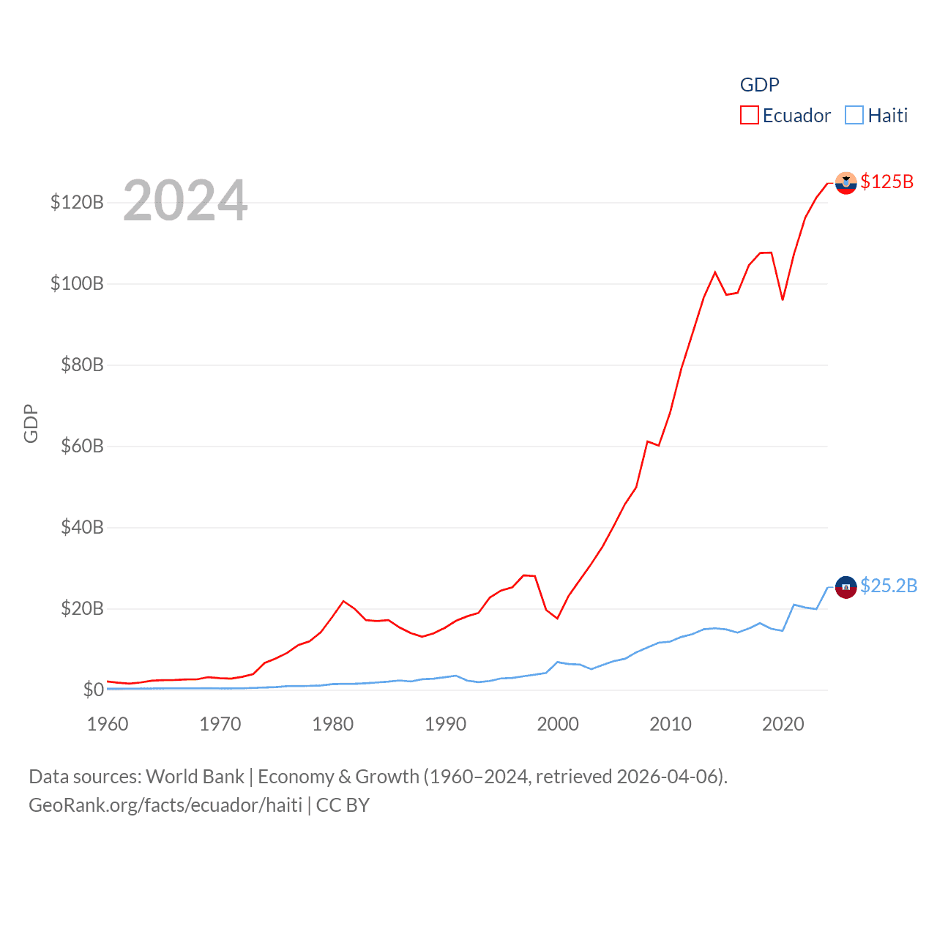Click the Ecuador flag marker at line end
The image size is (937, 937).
point(845,183)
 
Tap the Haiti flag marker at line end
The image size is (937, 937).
point(845,587)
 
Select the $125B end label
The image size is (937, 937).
point(886,182)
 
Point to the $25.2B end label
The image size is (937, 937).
point(889,586)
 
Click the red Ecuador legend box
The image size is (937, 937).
point(749,116)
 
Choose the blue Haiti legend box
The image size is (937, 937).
point(854,116)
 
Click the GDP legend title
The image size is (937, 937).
point(759,85)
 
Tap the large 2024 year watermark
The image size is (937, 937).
point(185,201)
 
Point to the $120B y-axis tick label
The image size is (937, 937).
point(77,202)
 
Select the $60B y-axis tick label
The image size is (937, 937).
point(82,446)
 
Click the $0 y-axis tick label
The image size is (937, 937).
point(93,690)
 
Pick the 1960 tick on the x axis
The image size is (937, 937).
point(108,724)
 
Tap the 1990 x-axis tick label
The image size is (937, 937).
point(445,724)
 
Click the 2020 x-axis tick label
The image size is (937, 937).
point(783,724)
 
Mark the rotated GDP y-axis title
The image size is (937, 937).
point(31,423)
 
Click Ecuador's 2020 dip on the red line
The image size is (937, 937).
point(783,299)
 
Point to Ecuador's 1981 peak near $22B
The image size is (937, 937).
point(343,601)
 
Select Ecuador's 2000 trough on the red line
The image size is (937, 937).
point(558,619)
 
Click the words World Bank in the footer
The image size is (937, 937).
point(195,777)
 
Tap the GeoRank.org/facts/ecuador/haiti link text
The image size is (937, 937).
point(165,805)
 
